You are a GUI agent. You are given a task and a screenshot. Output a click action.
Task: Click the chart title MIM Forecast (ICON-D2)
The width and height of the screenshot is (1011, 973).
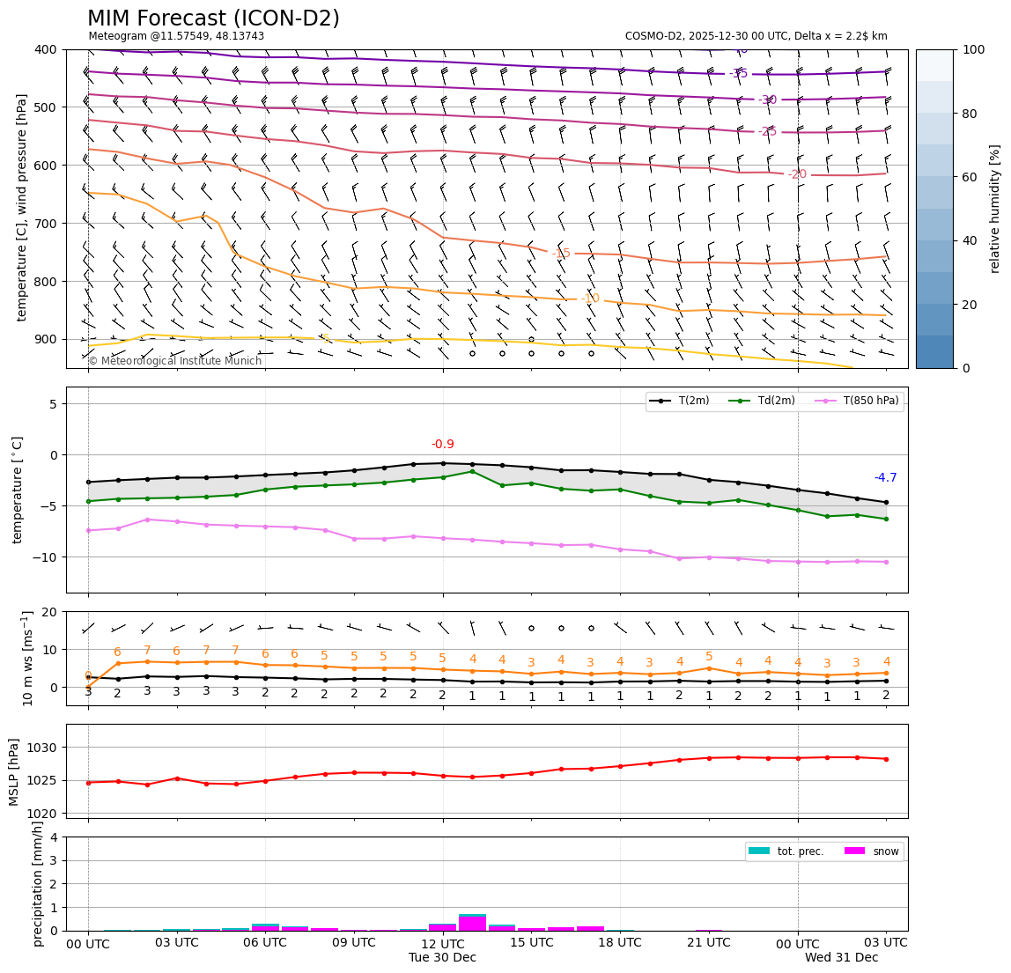[x=213, y=18]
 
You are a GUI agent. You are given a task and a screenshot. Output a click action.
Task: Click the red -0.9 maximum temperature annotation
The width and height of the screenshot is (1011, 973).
[x=443, y=445]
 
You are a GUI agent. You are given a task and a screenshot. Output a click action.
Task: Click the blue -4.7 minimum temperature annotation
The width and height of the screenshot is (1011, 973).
[x=885, y=478]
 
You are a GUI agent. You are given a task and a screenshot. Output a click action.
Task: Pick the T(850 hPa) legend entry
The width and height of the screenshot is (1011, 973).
[x=861, y=402]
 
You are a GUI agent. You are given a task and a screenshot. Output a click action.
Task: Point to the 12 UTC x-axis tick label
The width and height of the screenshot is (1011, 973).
[x=443, y=943]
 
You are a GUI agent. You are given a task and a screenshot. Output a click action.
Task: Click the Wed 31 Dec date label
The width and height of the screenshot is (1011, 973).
[x=841, y=958]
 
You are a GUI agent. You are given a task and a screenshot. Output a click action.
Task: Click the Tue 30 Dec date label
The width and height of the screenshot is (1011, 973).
[x=442, y=958]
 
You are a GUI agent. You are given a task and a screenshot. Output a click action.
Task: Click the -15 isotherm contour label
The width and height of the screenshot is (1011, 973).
[x=561, y=254]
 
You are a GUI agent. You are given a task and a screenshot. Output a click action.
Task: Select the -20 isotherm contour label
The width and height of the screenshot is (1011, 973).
[x=797, y=175]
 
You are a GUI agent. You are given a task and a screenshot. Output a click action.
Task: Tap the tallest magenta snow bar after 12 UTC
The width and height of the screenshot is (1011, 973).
[x=472, y=924]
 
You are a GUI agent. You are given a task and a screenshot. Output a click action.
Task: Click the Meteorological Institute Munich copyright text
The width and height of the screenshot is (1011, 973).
[x=175, y=361]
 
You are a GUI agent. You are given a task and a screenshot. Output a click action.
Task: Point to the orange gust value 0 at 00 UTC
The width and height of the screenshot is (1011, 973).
[x=88, y=675]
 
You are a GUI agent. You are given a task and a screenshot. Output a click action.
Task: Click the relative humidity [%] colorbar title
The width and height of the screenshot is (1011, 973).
[x=995, y=209]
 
